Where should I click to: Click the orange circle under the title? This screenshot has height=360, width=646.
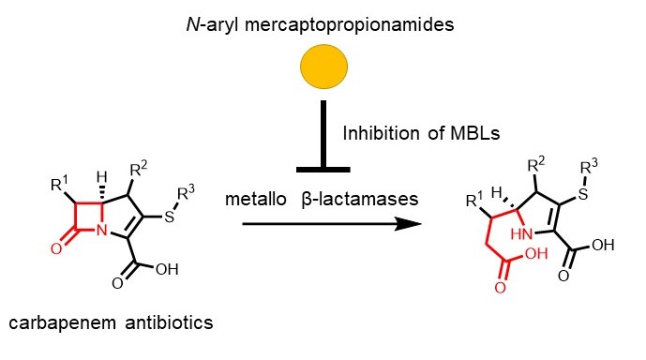323,67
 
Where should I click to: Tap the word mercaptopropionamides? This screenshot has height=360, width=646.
350,25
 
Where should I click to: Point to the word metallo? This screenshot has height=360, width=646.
256,199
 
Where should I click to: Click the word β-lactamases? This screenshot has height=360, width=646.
360,199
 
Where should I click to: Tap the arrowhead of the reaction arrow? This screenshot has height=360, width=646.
408,224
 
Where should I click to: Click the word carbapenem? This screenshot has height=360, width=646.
63,322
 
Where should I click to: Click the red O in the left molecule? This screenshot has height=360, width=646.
56,248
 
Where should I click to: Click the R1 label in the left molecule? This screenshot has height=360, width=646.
59,184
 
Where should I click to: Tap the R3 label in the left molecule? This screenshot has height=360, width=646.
186,192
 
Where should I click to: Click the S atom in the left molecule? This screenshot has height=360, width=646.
170,217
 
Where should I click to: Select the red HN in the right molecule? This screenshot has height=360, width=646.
522,234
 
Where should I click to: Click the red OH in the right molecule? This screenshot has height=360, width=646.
536,253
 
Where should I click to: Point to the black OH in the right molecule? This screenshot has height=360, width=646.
603,245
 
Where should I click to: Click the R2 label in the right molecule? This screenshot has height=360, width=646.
536,164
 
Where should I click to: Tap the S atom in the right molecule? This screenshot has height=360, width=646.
583,194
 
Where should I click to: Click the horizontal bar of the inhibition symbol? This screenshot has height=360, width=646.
323,170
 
